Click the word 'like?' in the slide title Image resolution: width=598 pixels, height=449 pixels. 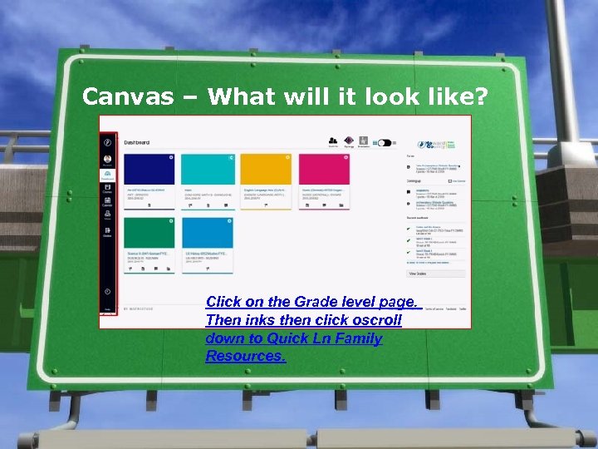point(454,97)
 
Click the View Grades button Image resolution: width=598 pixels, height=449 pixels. point(418,273)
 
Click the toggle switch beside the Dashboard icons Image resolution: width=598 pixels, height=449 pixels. point(384,143)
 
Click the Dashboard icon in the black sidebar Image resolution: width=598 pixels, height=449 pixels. point(108,175)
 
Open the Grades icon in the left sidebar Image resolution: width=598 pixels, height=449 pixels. point(108,233)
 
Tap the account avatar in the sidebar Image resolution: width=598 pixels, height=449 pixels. point(108,158)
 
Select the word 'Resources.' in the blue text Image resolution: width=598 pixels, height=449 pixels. point(246,356)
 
